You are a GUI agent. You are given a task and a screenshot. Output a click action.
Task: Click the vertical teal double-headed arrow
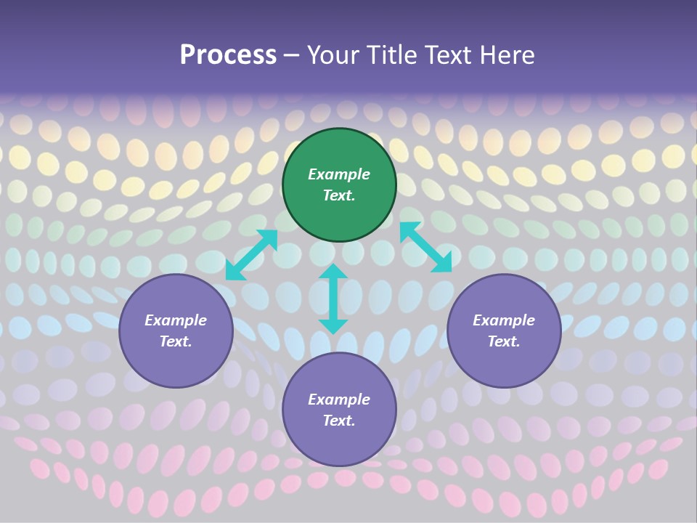click(x=333, y=299)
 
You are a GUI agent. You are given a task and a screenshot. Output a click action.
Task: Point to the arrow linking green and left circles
click(x=251, y=255)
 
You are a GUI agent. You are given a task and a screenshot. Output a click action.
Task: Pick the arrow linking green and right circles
click(x=425, y=247)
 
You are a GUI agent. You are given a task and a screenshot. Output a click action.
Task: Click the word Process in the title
click(x=228, y=54)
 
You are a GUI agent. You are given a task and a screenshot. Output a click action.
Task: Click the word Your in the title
click(x=331, y=54)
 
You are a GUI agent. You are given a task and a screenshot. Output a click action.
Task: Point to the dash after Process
click(x=291, y=55)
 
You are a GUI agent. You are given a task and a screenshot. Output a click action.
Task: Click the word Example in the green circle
click(x=339, y=174)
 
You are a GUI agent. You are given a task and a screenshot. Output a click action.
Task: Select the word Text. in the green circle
click(x=339, y=195)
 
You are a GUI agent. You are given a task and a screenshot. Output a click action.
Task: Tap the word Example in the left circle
click(x=176, y=320)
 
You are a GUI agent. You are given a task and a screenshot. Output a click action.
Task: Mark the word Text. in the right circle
click(x=504, y=341)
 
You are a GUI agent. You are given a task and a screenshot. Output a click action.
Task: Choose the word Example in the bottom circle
click(x=339, y=400)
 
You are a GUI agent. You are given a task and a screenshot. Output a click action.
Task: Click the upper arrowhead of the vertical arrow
click(x=333, y=273)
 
